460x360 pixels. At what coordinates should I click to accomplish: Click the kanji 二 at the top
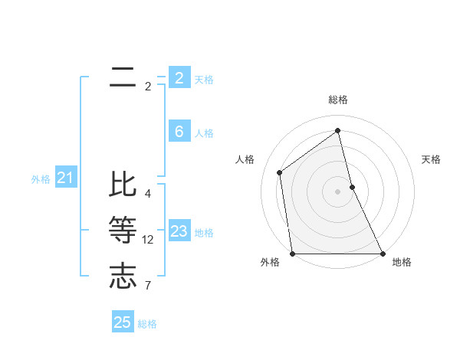tap(123, 77)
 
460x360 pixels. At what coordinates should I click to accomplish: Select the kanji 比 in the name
tap(123, 185)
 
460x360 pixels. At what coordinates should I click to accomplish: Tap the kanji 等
tap(123, 230)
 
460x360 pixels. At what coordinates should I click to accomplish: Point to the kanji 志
tap(123, 276)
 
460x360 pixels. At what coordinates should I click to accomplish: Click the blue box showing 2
tap(179, 77)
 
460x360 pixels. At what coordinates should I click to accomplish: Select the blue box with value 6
tap(179, 132)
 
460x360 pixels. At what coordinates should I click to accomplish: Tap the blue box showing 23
tap(179, 231)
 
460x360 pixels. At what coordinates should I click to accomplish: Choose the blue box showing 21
tap(66, 178)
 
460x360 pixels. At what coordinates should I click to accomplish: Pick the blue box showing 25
tap(123, 322)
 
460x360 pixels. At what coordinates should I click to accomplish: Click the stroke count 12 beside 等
tap(148, 240)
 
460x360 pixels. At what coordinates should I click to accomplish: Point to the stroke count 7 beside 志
tap(148, 286)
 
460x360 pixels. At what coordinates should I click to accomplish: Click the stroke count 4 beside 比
tap(148, 194)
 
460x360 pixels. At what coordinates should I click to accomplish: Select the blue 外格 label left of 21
tap(41, 179)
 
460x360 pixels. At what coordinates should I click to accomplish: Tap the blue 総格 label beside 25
tap(147, 324)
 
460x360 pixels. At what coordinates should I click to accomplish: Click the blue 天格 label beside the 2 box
tap(204, 80)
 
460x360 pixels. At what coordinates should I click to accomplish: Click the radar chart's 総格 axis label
tap(338, 100)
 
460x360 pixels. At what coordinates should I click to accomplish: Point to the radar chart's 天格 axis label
tap(432, 159)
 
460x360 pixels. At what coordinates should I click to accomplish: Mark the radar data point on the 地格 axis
tap(382, 253)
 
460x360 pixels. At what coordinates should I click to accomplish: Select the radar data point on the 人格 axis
tap(280, 172)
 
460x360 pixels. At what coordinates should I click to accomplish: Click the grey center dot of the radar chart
tap(338, 191)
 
